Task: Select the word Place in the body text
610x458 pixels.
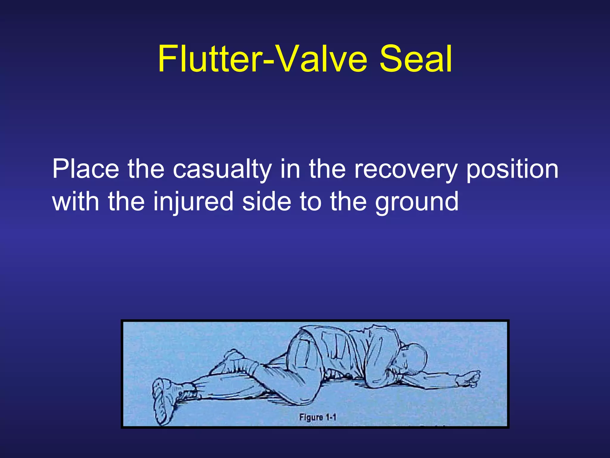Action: click(x=86, y=169)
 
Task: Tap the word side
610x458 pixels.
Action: click(x=267, y=202)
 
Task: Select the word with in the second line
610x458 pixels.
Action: click(x=76, y=202)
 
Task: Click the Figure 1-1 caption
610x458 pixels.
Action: click(x=318, y=417)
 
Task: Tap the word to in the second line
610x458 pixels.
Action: click(x=310, y=202)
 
